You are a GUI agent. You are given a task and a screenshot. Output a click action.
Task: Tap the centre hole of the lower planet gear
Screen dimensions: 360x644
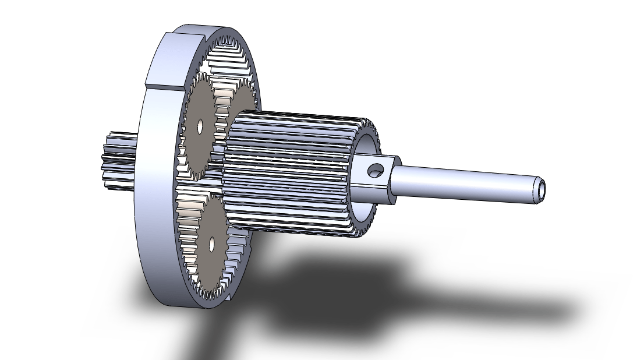click(x=211, y=243)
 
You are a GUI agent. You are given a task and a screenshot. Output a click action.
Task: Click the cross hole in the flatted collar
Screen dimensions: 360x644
click(x=374, y=170)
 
